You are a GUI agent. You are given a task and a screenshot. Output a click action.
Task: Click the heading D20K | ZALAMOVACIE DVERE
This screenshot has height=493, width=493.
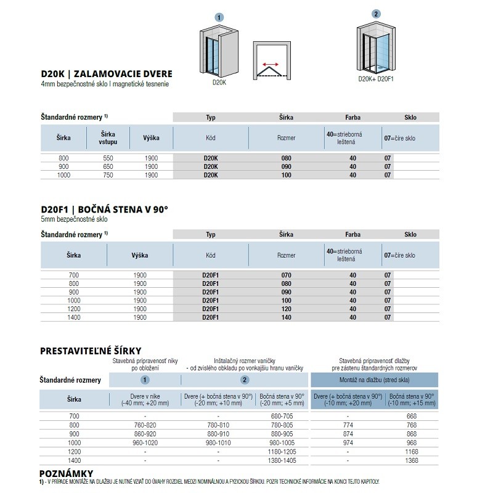[106, 74]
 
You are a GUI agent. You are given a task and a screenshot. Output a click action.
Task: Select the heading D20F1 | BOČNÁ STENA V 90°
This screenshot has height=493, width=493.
[104, 210]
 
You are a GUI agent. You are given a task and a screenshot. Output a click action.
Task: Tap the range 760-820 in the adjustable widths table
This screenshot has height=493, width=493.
[145, 425]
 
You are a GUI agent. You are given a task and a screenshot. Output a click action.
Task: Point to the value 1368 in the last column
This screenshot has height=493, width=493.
[411, 460]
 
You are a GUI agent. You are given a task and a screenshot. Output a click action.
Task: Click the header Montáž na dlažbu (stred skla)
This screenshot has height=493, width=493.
[375, 380]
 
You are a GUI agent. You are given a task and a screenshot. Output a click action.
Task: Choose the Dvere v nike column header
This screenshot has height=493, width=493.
[145, 399]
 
